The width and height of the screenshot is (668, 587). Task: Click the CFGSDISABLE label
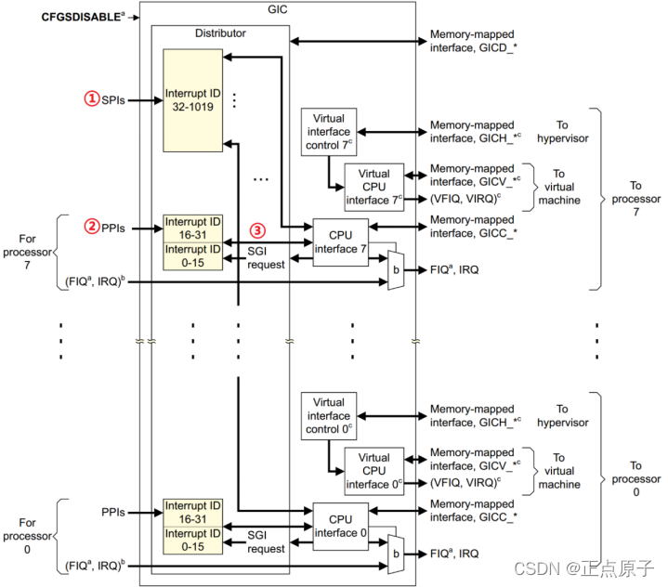(83, 17)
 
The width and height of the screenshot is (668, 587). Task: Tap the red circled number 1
(92, 98)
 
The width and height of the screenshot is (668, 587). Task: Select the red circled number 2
(92, 227)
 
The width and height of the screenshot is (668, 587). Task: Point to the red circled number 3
(257, 230)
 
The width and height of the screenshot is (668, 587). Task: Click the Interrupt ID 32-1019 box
(193, 100)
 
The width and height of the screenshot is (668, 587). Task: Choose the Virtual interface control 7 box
(329, 132)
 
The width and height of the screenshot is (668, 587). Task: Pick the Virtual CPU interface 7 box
(374, 187)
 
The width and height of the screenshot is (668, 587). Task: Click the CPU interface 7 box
(341, 242)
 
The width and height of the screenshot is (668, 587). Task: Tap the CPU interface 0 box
(341, 527)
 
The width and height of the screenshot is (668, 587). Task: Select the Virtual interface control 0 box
(329, 416)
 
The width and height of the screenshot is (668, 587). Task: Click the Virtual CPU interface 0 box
(374, 471)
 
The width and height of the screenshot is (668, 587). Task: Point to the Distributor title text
(220, 33)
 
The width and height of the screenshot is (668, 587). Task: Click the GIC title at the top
(278, 9)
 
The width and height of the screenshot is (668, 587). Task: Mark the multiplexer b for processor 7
(396, 270)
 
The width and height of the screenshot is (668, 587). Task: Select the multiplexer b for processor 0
(396, 554)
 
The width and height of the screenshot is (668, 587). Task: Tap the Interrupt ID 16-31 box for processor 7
(193, 228)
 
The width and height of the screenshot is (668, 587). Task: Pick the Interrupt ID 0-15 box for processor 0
(193, 541)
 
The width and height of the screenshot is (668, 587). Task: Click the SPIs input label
(113, 100)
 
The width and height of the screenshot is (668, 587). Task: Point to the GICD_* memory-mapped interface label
(473, 41)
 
